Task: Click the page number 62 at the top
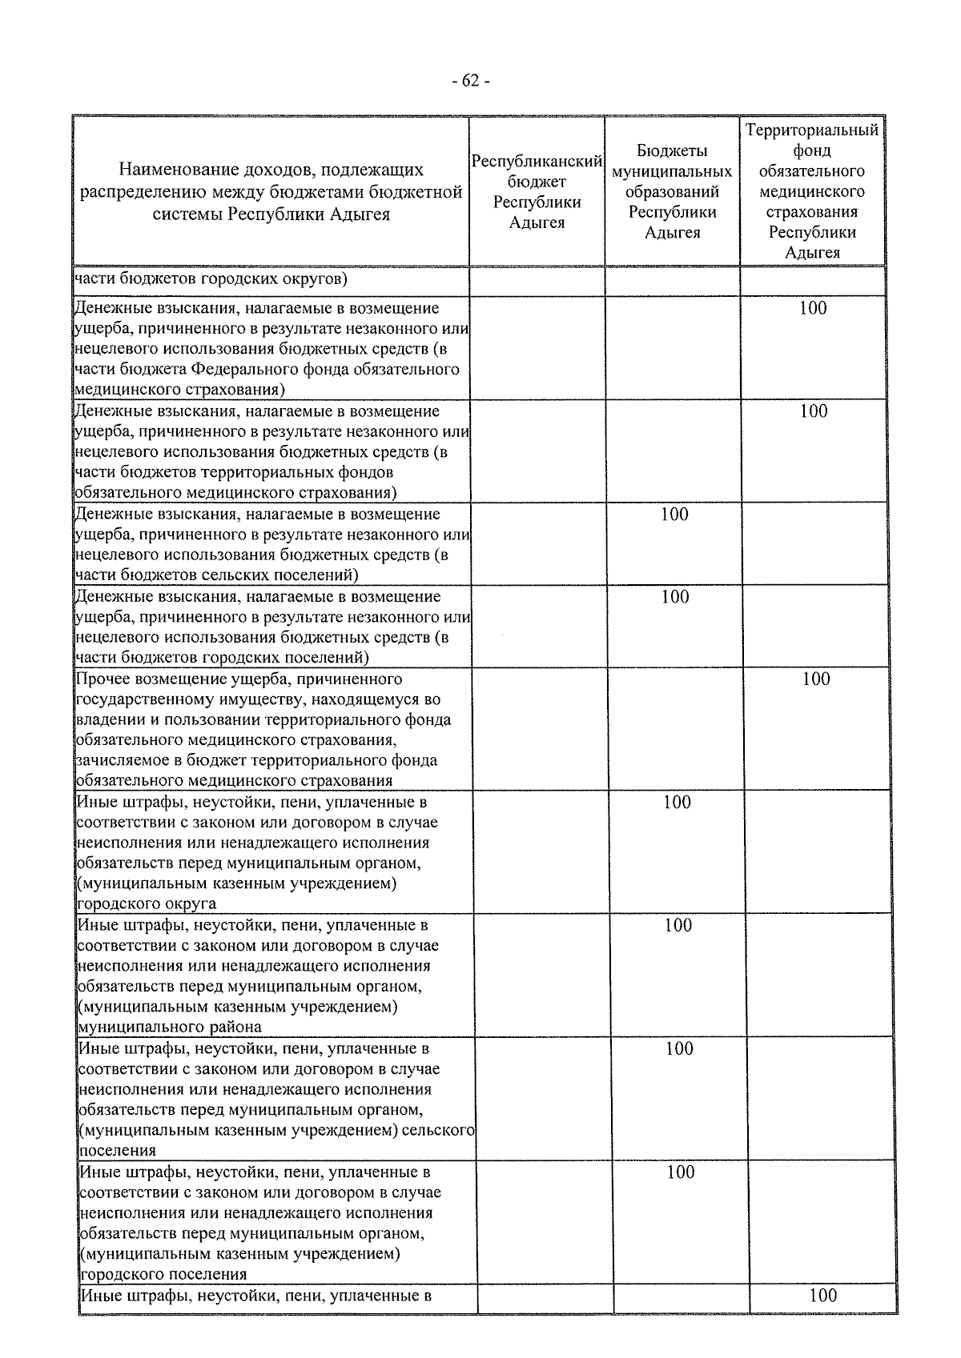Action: click(471, 81)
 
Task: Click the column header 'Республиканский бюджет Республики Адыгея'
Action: click(537, 192)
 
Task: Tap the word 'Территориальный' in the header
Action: click(812, 130)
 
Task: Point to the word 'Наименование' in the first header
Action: click(169, 170)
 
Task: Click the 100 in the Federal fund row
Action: click(812, 308)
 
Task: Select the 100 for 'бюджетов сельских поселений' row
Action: click(674, 514)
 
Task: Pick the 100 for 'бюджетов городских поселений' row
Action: click(675, 596)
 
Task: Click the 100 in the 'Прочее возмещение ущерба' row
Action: click(816, 679)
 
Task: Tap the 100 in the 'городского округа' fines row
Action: click(677, 802)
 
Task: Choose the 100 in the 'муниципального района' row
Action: click(678, 925)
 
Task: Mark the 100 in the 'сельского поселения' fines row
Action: click(679, 1048)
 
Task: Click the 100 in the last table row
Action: click(822, 1295)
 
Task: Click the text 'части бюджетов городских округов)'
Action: click(210, 279)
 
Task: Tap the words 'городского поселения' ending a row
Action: click(163, 1274)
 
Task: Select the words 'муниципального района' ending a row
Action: click(169, 1027)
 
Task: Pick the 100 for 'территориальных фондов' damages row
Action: click(813, 411)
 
